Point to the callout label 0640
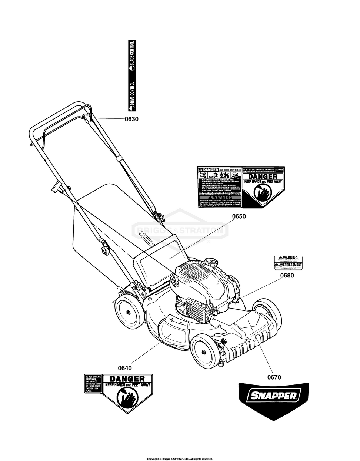pyautogui.click(x=125, y=368)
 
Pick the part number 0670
pyautogui.click(x=274, y=378)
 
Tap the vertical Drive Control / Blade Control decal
pyautogui.click(x=131, y=76)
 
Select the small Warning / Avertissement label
pyautogui.click(x=288, y=263)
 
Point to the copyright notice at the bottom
pyautogui.click(x=180, y=459)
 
